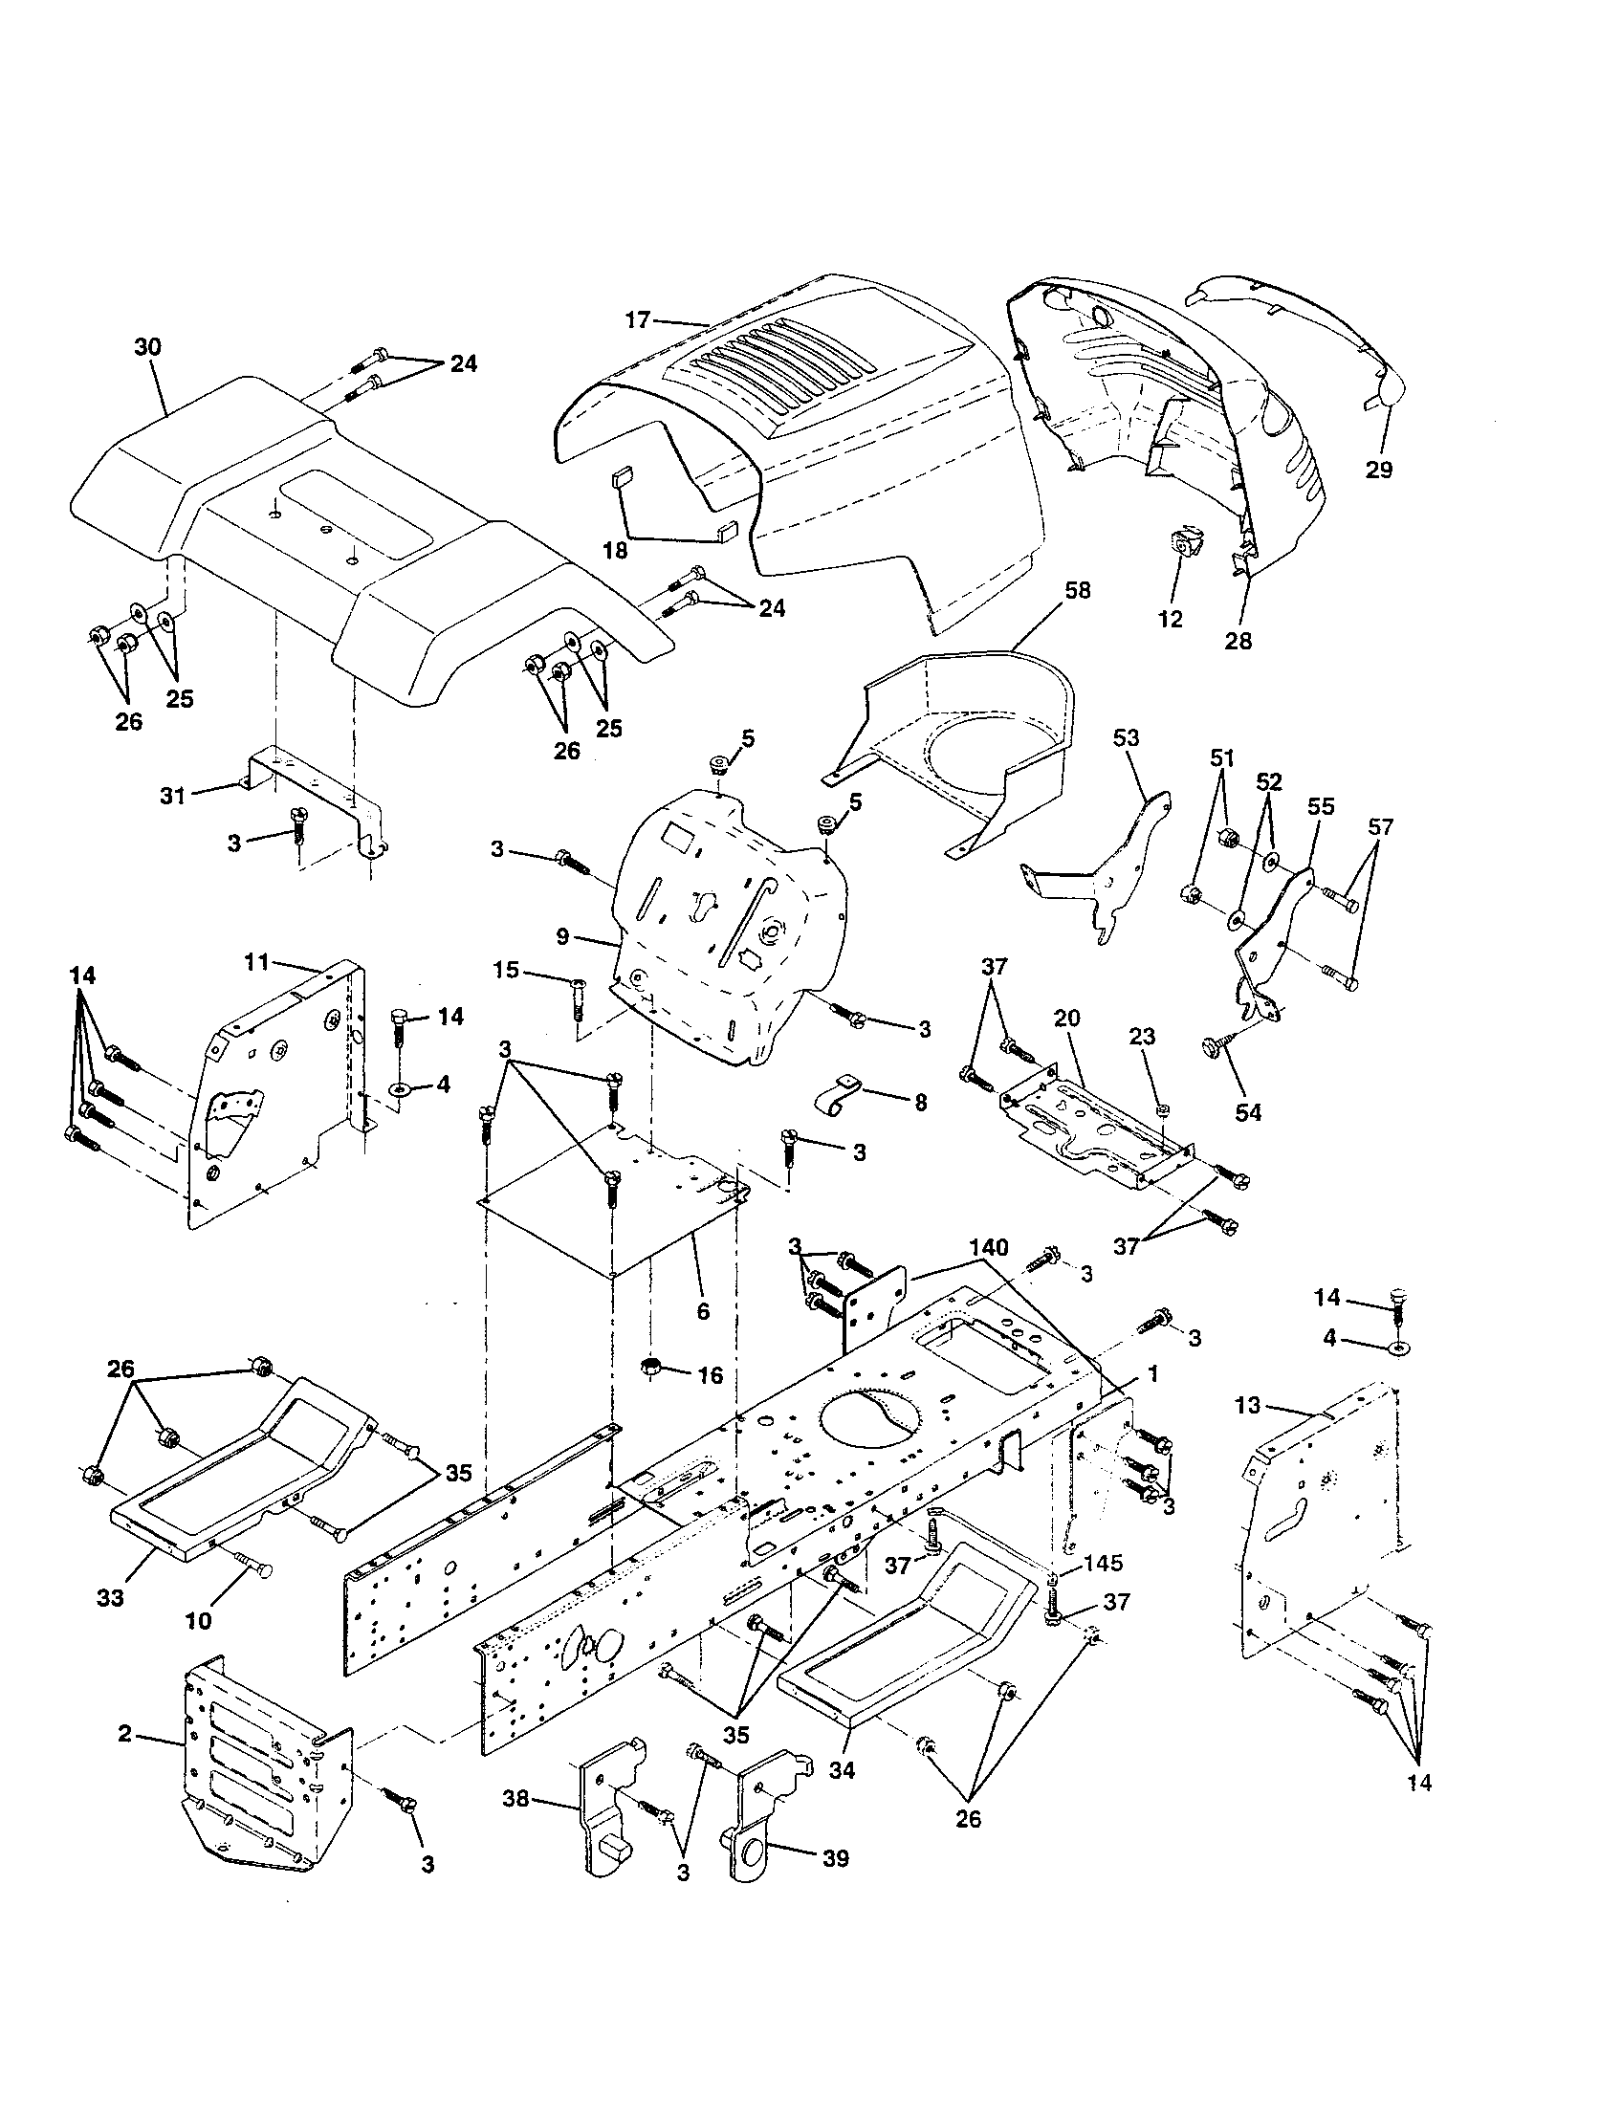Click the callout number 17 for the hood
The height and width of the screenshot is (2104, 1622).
(x=638, y=319)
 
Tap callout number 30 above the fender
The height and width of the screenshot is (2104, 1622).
(x=147, y=348)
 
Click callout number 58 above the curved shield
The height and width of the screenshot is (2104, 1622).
(x=1078, y=590)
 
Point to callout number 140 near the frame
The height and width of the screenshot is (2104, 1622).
(x=989, y=1247)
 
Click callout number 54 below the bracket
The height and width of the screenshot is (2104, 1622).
(x=1248, y=1112)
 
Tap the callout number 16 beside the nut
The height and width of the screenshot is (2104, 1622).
(x=710, y=1375)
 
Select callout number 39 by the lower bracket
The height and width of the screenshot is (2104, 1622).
(x=835, y=1884)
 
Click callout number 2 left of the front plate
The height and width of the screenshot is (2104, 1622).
(x=124, y=1733)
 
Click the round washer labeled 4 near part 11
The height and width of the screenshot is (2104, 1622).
(x=400, y=1089)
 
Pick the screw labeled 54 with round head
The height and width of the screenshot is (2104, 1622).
(x=1212, y=1047)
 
